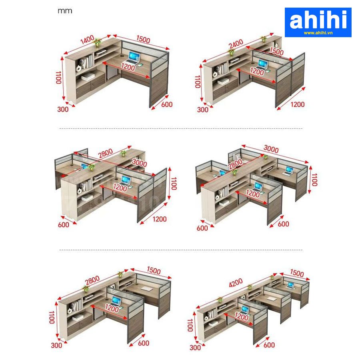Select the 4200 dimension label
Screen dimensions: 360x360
pyautogui.click(x=236, y=282)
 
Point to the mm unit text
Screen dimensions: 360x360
pyautogui.click(x=65, y=11)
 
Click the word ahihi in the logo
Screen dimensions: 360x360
pyautogui.click(x=318, y=20)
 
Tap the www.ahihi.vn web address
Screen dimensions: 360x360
pyautogui.click(x=318, y=33)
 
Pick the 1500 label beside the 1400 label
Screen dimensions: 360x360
pyautogui.click(x=143, y=39)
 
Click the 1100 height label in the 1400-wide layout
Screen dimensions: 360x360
pyautogui.click(x=59, y=78)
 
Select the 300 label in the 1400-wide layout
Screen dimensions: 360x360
pyautogui.click(x=63, y=109)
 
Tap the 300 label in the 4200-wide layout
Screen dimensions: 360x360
pyautogui.click(x=195, y=348)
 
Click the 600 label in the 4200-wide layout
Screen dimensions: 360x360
pyautogui.click(x=269, y=344)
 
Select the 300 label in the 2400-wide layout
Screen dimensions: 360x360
pyautogui.click(x=203, y=109)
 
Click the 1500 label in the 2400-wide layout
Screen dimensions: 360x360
pyautogui.click(x=276, y=52)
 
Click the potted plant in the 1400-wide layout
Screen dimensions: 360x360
pyautogui.click(x=97, y=42)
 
